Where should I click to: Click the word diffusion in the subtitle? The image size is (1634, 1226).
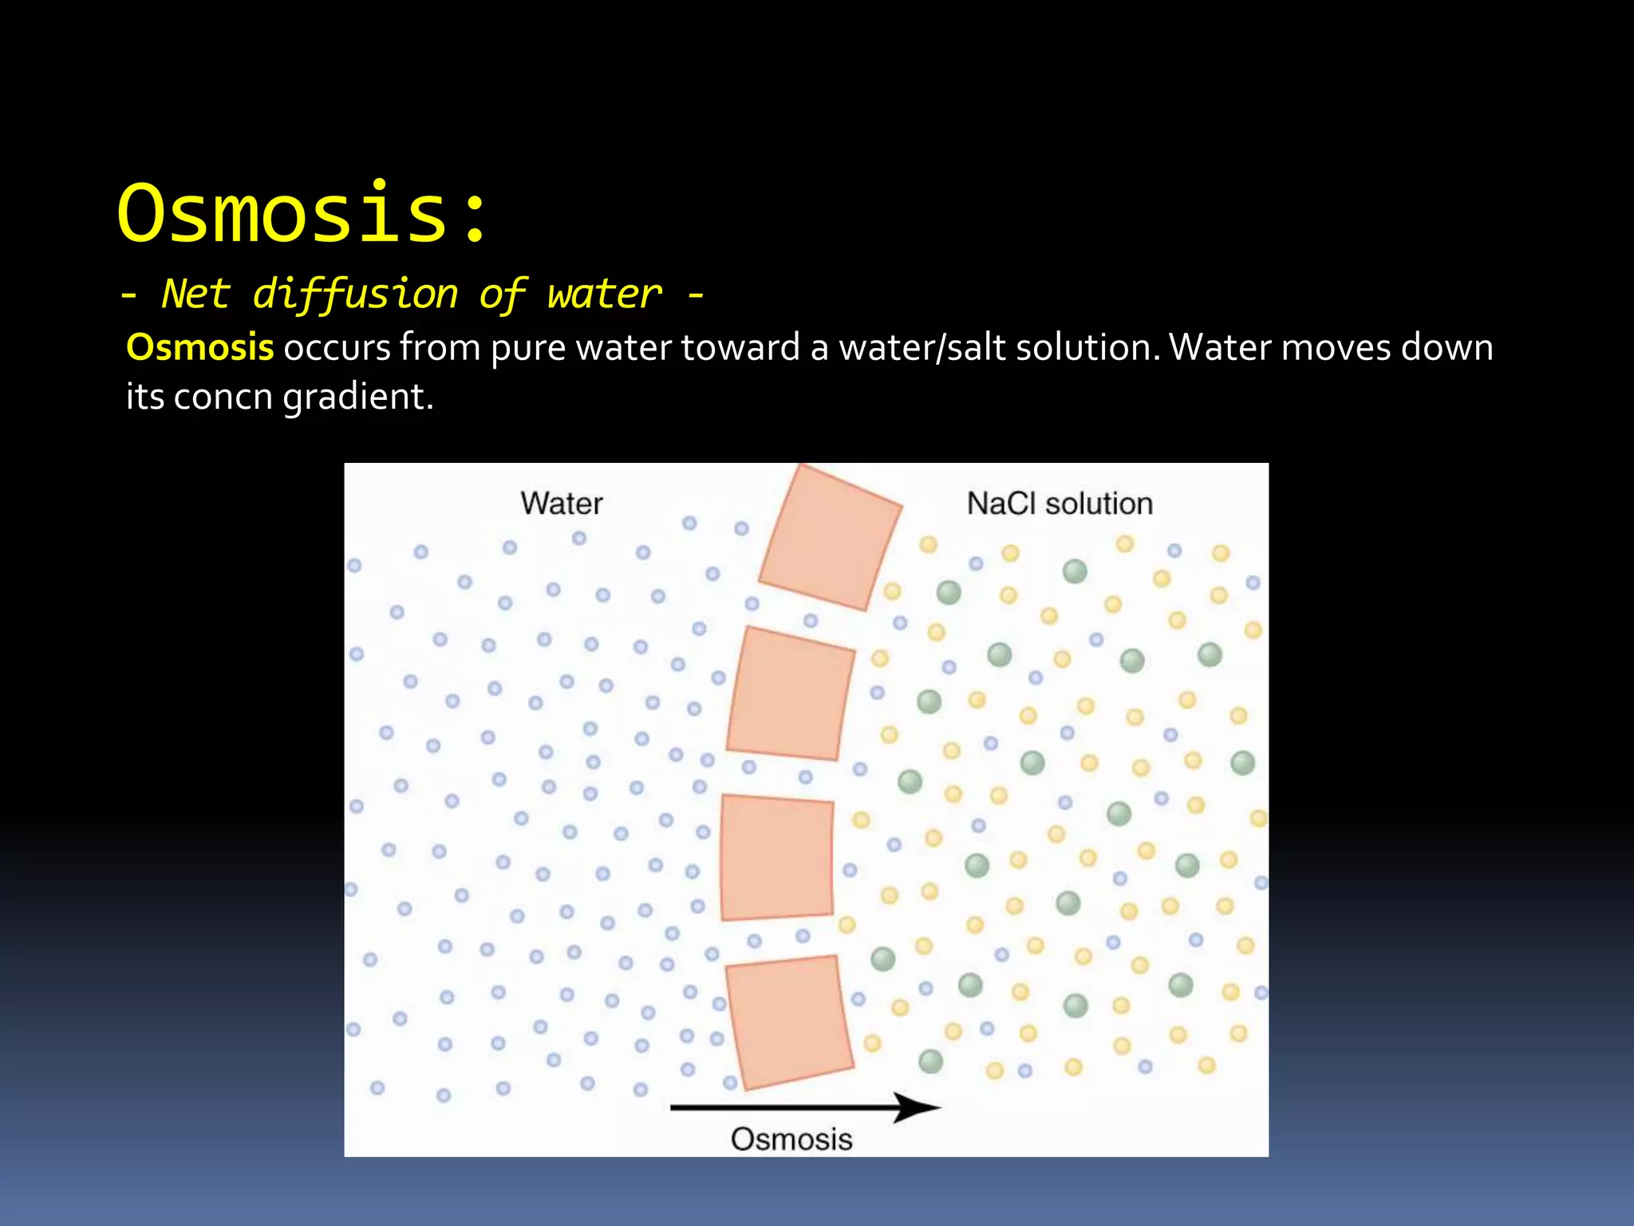tap(355, 295)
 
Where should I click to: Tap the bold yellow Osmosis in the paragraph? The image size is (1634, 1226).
tap(200, 348)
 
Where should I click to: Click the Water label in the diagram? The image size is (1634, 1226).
tap(561, 504)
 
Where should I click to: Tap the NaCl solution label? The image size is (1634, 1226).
tap(1059, 504)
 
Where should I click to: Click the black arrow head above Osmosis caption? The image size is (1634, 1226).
tap(918, 1107)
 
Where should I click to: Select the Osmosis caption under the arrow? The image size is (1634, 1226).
tap(791, 1139)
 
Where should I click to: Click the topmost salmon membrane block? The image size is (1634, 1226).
tap(830, 539)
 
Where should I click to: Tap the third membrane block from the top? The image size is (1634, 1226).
tap(776, 857)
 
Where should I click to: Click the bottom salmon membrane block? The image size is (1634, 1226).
tap(789, 1022)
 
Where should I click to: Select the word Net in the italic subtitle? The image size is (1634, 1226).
tap(195, 294)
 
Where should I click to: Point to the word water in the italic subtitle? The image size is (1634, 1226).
tap(604, 295)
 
